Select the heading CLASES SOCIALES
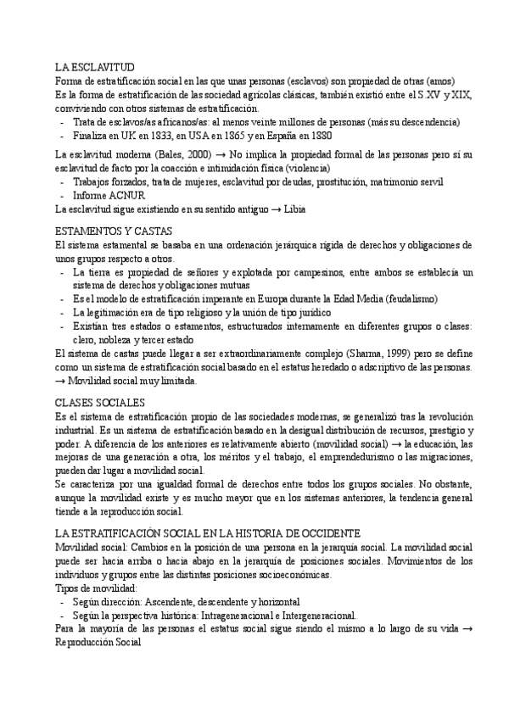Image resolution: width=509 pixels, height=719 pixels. tap(99, 402)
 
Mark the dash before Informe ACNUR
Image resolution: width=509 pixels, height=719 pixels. tap(63, 195)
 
